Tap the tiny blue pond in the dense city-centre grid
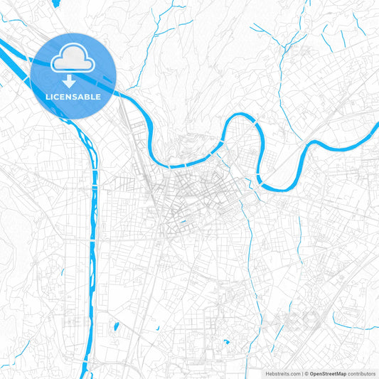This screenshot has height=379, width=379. point(183,223)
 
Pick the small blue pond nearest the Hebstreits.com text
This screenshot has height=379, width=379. point(226,342)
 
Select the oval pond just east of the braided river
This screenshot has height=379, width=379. point(113,329)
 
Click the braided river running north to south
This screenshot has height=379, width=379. point(92,213)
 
